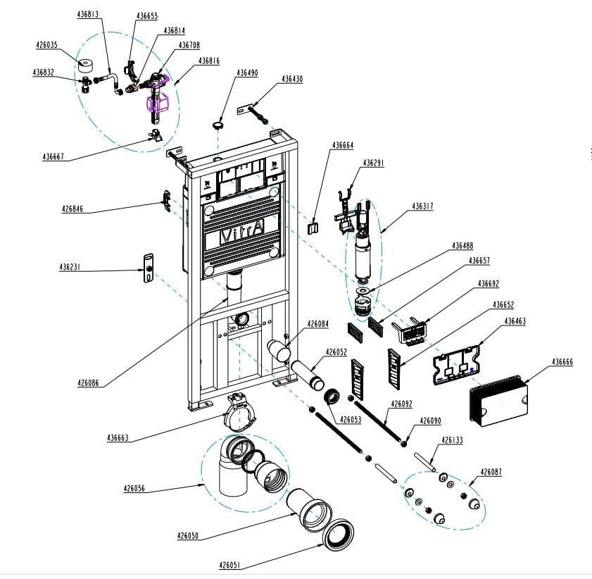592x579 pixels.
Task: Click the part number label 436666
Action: click(x=562, y=361)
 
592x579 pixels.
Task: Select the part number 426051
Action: click(x=230, y=565)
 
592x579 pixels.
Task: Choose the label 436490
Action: click(x=246, y=73)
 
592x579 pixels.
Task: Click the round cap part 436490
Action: click(x=218, y=125)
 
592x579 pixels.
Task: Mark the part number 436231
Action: click(x=70, y=267)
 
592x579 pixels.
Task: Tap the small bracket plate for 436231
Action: click(x=149, y=268)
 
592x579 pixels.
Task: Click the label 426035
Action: click(x=47, y=45)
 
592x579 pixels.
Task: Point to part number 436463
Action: click(x=515, y=320)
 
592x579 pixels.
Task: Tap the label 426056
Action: click(x=134, y=488)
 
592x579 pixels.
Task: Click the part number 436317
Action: click(x=422, y=206)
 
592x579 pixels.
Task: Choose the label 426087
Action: click(x=491, y=471)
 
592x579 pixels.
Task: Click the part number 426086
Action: click(x=88, y=383)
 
